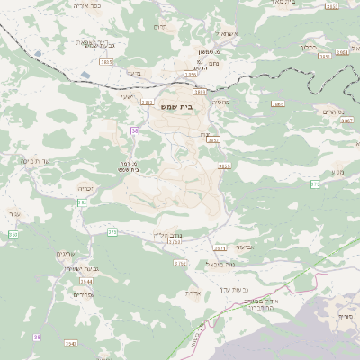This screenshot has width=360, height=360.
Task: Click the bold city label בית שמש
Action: pyautogui.click(x=180, y=107)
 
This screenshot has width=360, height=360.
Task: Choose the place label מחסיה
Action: pyautogui.click(x=221, y=103)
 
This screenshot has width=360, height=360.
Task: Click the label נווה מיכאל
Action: pyautogui.click(x=219, y=264)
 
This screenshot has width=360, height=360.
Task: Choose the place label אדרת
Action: pyautogui.click(x=193, y=292)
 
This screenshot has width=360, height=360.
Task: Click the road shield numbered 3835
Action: pyautogui.click(x=106, y=61)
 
